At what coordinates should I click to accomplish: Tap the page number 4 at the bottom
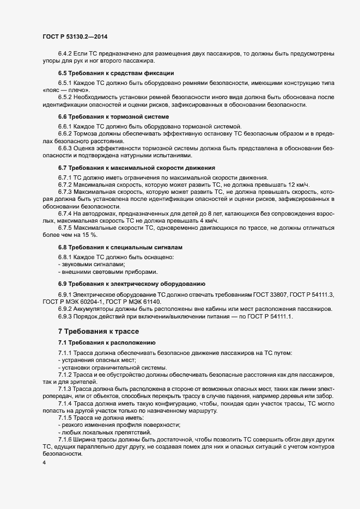pyautogui.click(x=43, y=463)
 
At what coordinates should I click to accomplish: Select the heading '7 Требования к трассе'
pyautogui.click(x=99, y=331)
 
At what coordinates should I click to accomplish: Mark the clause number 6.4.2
pyautogui.click(x=67, y=53)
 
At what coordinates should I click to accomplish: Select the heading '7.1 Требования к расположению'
pyautogui.click(x=107, y=342)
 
